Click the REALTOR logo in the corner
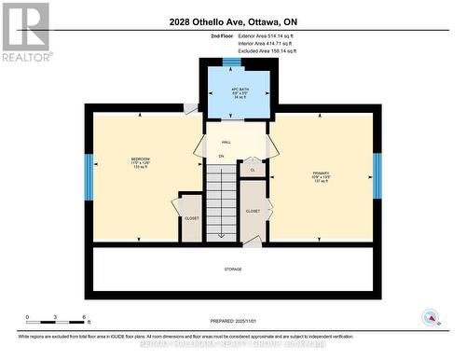(25, 32)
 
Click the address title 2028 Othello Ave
(233, 22)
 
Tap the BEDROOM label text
(140, 160)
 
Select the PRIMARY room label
(322, 174)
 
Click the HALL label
(226, 141)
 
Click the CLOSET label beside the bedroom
(191, 217)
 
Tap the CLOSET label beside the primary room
(254, 212)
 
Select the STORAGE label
(233, 270)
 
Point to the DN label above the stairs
(221, 156)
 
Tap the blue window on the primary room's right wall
(377, 174)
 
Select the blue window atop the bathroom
(232, 62)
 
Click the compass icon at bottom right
(431, 316)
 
